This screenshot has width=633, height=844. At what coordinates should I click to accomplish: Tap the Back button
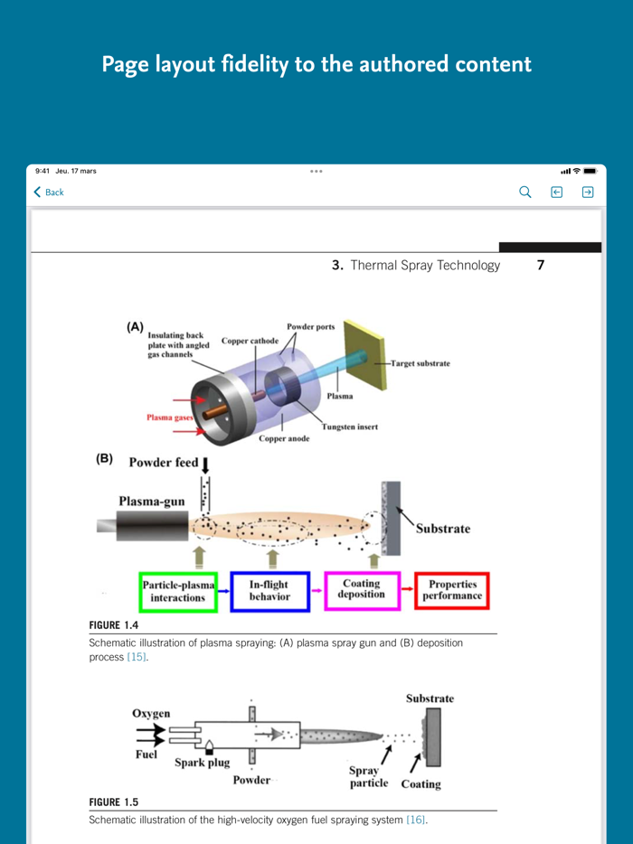click(49, 192)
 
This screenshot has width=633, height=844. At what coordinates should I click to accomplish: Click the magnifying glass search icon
click(525, 192)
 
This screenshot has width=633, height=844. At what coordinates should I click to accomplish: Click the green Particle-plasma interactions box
click(178, 591)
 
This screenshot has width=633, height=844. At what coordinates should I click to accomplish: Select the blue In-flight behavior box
click(269, 591)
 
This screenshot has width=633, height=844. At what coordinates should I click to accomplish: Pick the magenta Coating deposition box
click(362, 590)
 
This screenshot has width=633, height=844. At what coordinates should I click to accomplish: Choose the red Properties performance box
click(452, 591)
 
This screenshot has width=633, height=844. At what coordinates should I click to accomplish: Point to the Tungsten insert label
click(350, 427)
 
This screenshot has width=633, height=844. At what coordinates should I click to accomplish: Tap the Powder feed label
click(164, 463)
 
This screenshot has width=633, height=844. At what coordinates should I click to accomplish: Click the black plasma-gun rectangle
click(142, 526)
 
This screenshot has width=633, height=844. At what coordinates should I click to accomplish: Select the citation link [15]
click(137, 657)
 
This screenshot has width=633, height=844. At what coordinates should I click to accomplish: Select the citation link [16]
click(416, 820)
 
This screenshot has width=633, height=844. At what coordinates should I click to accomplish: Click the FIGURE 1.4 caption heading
click(113, 625)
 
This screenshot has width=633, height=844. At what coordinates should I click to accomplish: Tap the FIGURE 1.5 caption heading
click(113, 802)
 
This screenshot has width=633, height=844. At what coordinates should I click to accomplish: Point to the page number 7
click(541, 266)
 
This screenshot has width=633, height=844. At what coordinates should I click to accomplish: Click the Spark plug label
click(202, 762)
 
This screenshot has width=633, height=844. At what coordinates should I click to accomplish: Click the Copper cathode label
click(250, 342)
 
